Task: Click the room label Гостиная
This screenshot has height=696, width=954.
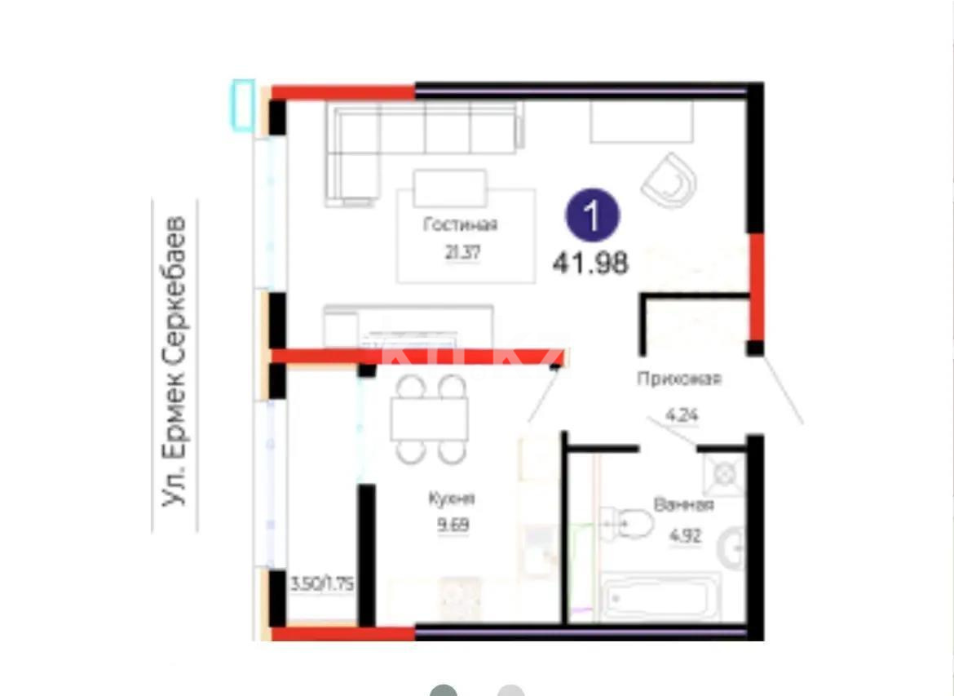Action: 460,225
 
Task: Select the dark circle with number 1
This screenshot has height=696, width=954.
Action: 593,215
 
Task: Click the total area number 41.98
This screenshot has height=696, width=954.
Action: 590,263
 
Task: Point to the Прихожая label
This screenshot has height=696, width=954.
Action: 679,379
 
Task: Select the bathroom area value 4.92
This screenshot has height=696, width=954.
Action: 685,538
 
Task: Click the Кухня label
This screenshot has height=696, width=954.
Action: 449,499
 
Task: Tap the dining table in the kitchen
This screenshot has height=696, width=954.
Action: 428,419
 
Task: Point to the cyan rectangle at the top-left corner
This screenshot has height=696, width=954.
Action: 243,104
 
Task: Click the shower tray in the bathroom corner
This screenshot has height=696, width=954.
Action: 722,472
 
